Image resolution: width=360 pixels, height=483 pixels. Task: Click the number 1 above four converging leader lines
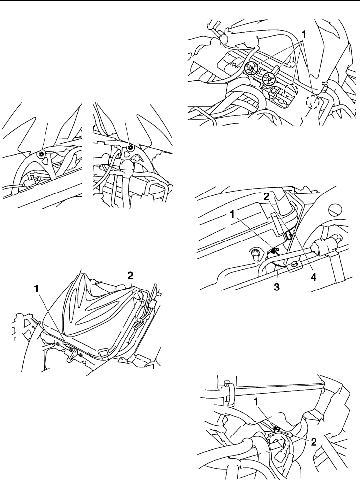point(305,35)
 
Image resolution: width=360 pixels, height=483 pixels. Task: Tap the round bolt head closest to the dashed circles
point(269,77)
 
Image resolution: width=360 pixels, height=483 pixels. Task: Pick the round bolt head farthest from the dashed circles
point(252,67)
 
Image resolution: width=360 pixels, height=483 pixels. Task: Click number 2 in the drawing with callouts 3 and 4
point(266,197)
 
